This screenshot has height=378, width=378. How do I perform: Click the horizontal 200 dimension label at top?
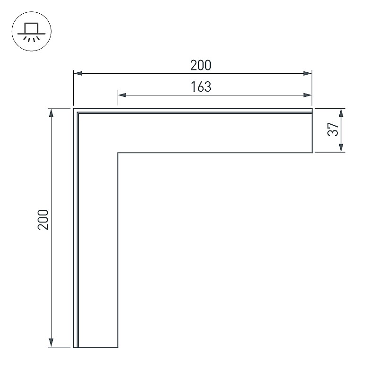[x=200, y=65]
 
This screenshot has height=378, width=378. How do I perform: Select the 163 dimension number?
[x=201, y=87]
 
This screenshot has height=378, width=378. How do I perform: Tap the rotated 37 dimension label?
[x=333, y=129]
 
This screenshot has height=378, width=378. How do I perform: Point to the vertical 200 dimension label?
[x=43, y=220]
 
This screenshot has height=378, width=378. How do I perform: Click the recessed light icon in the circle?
[x=31, y=32]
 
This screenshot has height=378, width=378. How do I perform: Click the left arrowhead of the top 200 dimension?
[x=78, y=73]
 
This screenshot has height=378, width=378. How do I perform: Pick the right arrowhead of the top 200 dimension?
[x=308, y=73]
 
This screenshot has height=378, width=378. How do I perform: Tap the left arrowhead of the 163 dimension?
[x=122, y=95]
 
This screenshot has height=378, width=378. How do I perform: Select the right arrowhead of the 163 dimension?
[x=308, y=95]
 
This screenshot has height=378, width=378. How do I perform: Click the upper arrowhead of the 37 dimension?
[x=341, y=113]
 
